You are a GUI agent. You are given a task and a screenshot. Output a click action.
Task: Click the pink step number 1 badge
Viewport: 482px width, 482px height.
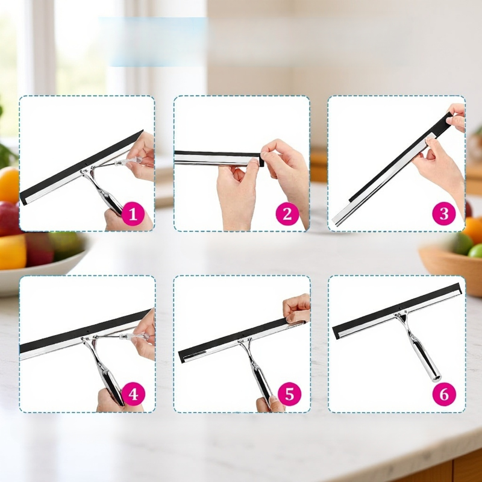click(133, 214)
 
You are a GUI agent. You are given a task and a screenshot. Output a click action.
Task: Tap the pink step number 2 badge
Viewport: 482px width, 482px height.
click(287, 214)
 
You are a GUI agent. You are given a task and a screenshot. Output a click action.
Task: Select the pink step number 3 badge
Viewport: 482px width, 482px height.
click(444, 214)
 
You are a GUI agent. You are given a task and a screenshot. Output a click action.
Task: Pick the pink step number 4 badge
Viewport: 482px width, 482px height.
click(133, 394)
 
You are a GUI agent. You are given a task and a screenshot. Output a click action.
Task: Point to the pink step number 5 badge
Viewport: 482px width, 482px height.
click(290, 394)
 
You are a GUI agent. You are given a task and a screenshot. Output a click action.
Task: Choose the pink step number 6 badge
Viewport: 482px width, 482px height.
click(444, 394)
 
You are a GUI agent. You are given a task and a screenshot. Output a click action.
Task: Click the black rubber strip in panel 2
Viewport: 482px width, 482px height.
click(219, 154)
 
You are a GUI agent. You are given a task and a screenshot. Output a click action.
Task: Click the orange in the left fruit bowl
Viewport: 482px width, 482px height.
click(8, 184)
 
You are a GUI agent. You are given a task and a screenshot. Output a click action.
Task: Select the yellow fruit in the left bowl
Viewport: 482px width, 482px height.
click(12, 252)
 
